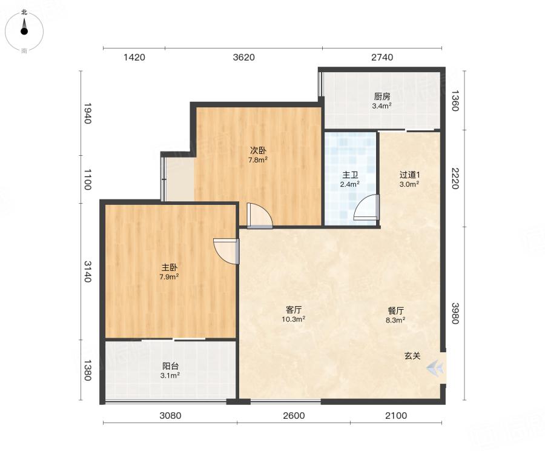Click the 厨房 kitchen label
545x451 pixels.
(x=382, y=96)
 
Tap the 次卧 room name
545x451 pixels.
(x=258, y=150)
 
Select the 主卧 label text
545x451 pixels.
(x=170, y=267)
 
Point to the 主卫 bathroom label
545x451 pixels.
(x=350, y=175)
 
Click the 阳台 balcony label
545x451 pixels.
(x=170, y=366)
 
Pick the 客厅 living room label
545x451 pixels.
(x=294, y=310)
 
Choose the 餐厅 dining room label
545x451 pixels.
(x=396, y=310)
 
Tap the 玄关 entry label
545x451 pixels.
(x=412, y=356)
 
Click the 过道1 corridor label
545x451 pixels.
(x=410, y=175)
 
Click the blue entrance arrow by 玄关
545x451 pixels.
(x=435, y=368)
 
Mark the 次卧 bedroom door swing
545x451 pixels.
(x=260, y=216)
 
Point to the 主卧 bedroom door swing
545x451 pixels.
(x=226, y=251)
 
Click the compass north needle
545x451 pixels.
(x=24, y=27)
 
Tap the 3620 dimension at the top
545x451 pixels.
(x=243, y=57)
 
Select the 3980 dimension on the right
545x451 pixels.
(x=455, y=313)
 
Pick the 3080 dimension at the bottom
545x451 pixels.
(x=170, y=415)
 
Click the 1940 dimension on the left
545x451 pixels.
(x=87, y=113)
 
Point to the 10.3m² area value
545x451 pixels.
(x=294, y=319)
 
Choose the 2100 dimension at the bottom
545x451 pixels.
(x=396, y=415)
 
